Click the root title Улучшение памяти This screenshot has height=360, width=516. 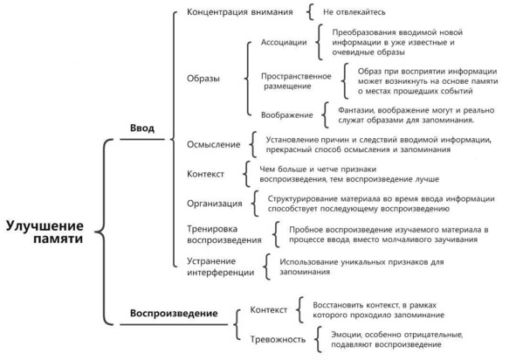click(45, 232)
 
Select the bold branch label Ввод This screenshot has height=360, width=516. click(142, 128)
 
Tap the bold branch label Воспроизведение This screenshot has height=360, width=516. click(174, 313)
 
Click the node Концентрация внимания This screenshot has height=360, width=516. click(239, 12)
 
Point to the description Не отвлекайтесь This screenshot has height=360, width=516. click(354, 12)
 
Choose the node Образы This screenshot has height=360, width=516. click(203, 79)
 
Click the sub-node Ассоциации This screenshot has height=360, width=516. click(284, 42)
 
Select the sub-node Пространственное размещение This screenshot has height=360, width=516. click(296, 81)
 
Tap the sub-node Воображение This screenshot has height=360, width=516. click(287, 115)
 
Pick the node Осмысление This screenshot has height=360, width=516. click(214, 144)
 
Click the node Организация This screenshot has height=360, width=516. click(215, 204)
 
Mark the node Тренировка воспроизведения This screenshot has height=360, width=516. click(224, 234)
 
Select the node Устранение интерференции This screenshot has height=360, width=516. click(221, 267)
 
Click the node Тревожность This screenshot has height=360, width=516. click(278, 339)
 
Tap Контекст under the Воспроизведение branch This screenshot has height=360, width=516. click(269, 309)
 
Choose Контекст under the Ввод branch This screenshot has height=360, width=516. click(205, 174)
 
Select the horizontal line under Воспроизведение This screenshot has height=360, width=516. click(174, 324)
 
